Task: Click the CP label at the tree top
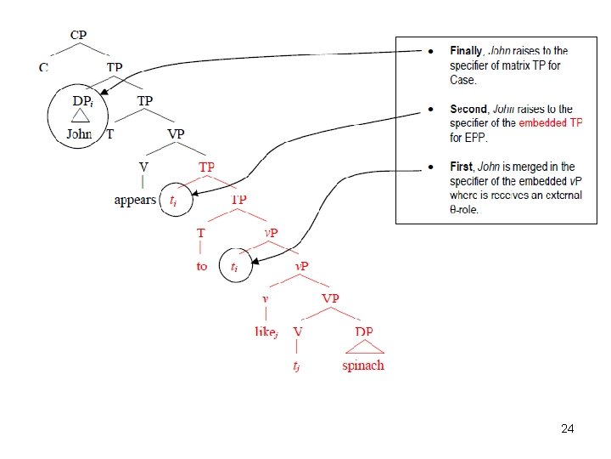click(x=78, y=35)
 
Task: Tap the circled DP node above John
click(x=82, y=99)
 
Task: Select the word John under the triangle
click(x=80, y=133)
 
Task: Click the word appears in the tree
click(x=136, y=200)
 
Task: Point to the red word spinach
click(x=362, y=365)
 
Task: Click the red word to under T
click(x=201, y=266)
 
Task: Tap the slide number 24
click(x=568, y=429)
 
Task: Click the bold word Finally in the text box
click(x=467, y=52)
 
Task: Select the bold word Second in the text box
click(x=468, y=110)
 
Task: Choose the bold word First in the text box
click(x=462, y=167)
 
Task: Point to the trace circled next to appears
click(x=174, y=201)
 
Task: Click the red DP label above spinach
click(x=363, y=331)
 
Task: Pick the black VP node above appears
click(x=177, y=133)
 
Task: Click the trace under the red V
click(x=296, y=365)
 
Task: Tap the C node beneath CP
click(x=44, y=66)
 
